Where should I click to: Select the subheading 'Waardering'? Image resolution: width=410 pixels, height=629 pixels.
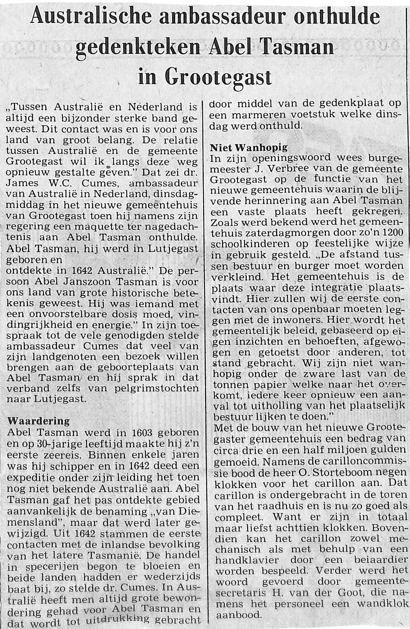(x=38, y=421)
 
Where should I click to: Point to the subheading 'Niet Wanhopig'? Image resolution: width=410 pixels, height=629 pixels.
(x=249, y=148)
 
